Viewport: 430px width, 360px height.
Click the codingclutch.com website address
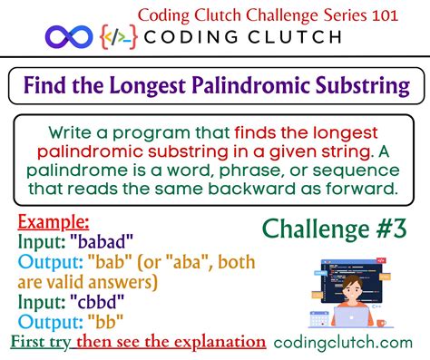click(x=349, y=343)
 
